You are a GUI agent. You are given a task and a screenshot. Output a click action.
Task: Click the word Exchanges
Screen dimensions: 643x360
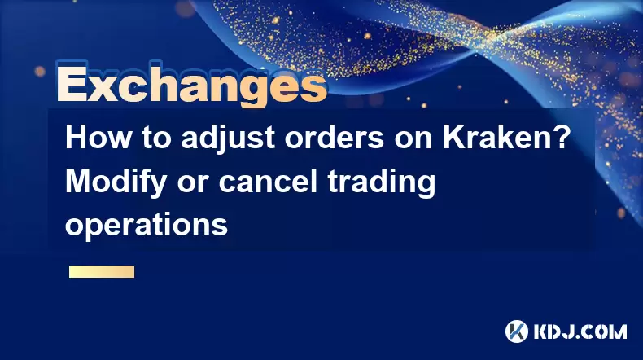(192, 85)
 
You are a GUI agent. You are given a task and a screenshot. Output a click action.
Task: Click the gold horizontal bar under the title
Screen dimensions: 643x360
(102, 271)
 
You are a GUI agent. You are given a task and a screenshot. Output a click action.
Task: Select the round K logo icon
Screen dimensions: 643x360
(517, 331)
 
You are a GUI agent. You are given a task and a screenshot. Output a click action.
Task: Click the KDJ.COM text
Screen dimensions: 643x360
(580, 331)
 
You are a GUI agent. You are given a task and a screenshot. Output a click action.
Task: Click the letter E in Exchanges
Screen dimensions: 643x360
(72, 86)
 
